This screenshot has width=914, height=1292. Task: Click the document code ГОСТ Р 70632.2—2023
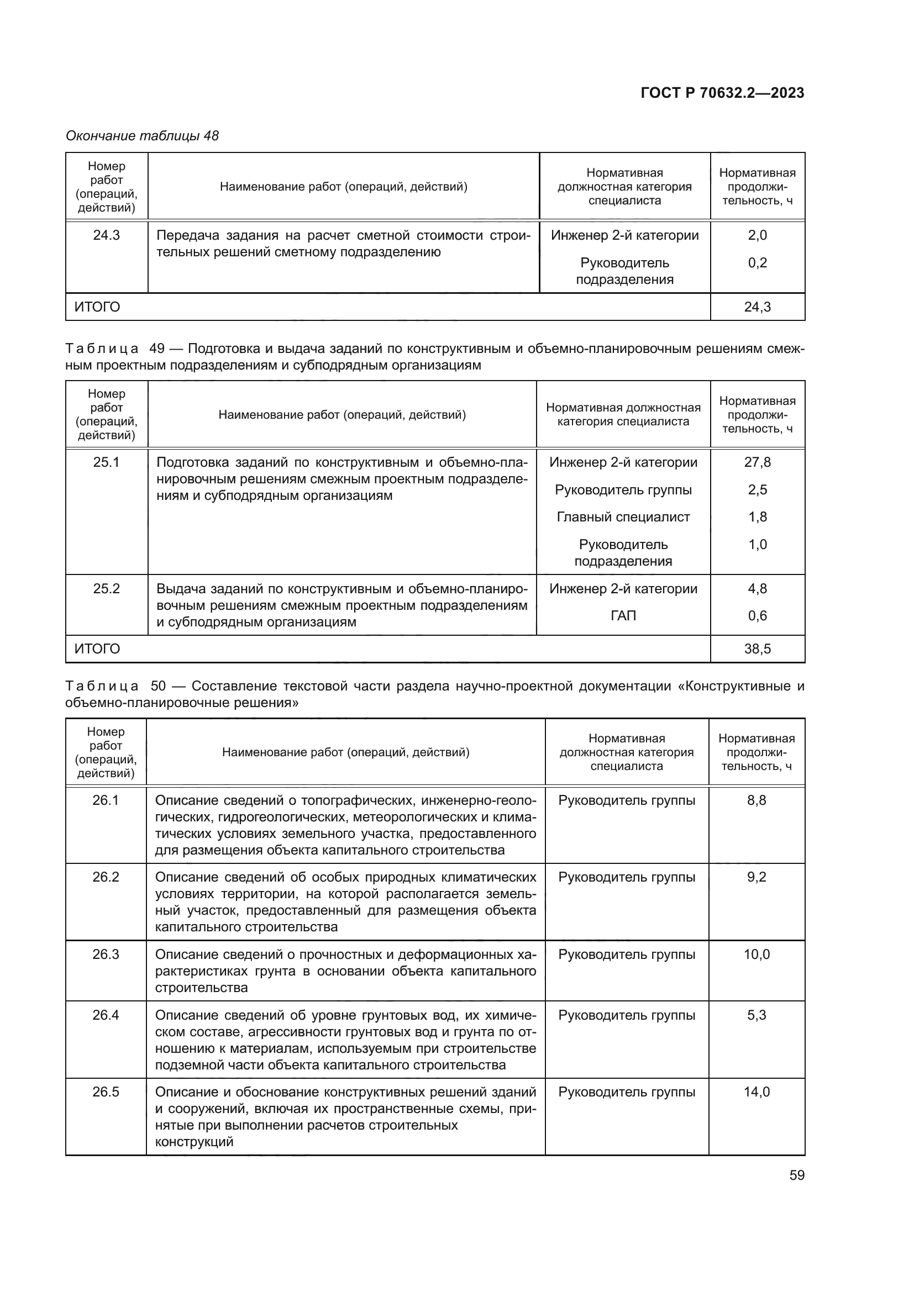coord(722,93)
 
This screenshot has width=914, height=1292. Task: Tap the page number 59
coord(796,1175)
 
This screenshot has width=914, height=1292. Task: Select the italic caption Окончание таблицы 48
coord(143,136)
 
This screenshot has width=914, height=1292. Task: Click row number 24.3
coord(106,235)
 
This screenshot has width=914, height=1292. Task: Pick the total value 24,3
coord(757,307)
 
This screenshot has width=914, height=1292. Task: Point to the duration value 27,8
coord(757,462)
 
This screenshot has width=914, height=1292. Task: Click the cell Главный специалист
coord(623,516)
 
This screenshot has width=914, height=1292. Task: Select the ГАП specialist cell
coord(623,615)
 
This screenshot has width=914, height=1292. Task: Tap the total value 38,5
coord(757,649)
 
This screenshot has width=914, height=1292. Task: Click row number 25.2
coord(106,589)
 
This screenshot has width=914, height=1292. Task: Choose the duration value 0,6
coord(757,615)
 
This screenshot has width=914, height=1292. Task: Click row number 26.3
coord(106,955)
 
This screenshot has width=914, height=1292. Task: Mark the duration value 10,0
coord(757,955)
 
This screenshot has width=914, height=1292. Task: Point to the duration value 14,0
coord(757,1091)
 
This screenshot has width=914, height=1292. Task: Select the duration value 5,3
coord(757,1015)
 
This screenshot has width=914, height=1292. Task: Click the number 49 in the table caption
coord(157,349)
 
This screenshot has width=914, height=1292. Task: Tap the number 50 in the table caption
coord(158,686)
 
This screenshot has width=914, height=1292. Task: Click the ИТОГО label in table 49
coord(97,649)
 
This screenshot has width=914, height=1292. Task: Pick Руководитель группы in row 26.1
coord(627,800)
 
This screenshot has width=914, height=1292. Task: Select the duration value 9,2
coord(757,877)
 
